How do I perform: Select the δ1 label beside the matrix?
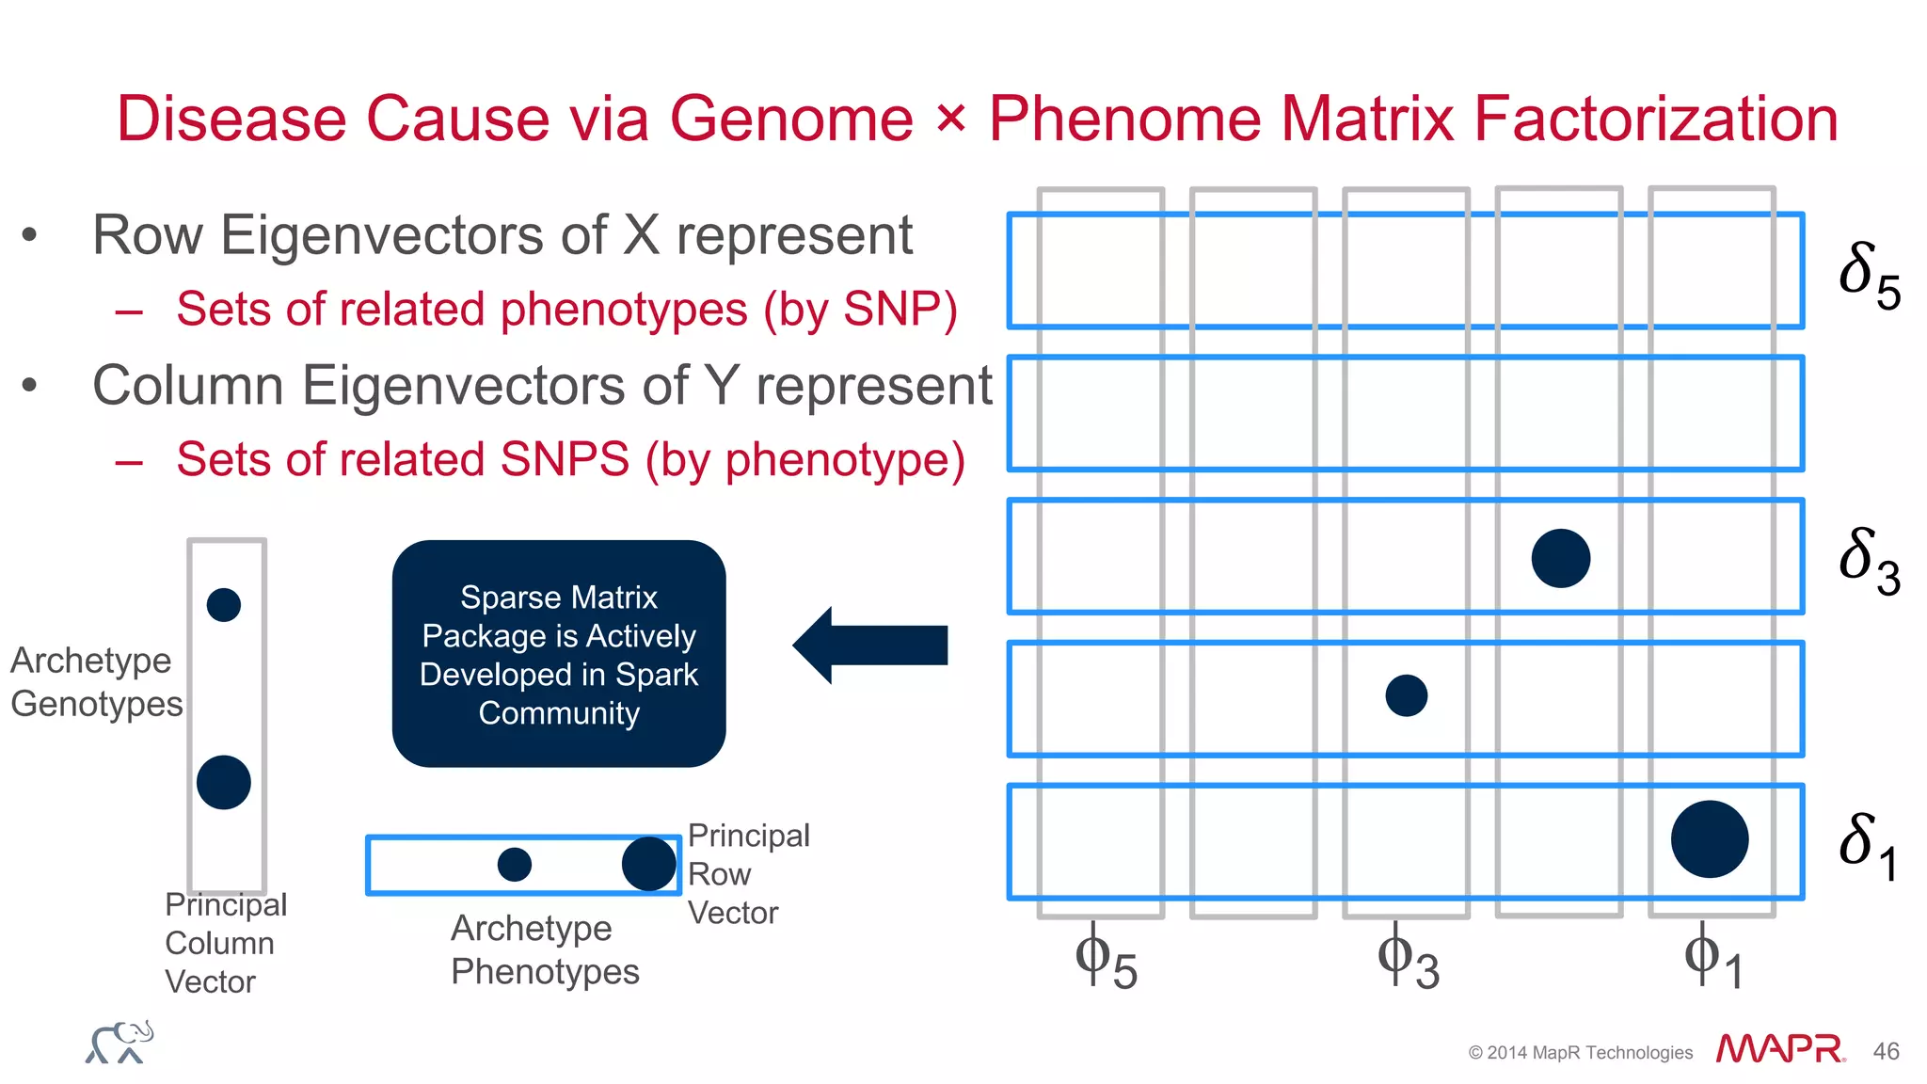(x=1867, y=845)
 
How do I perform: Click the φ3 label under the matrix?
(x=1408, y=960)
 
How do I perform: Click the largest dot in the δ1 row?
(x=1710, y=839)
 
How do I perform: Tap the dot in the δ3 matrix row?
(x=1561, y=558)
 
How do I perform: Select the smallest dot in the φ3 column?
(x=1407, y=696)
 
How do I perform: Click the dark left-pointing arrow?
(x=870, y=646)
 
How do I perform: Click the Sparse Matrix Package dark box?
(x=559, y=654)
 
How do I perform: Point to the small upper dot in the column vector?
(x=224, y=604)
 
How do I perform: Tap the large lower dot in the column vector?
(x=224, y=782)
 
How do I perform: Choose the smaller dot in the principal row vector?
(x=515, y=864)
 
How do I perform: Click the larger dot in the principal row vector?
(x=649, y=864)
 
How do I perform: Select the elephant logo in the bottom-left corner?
(x=120, y=1043)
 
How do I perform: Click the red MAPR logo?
(x=1779, y=1048)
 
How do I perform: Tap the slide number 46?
(x=1886, y=1051)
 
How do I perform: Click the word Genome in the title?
(x=791, y=120)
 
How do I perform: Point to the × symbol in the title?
(x=951, y=120)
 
